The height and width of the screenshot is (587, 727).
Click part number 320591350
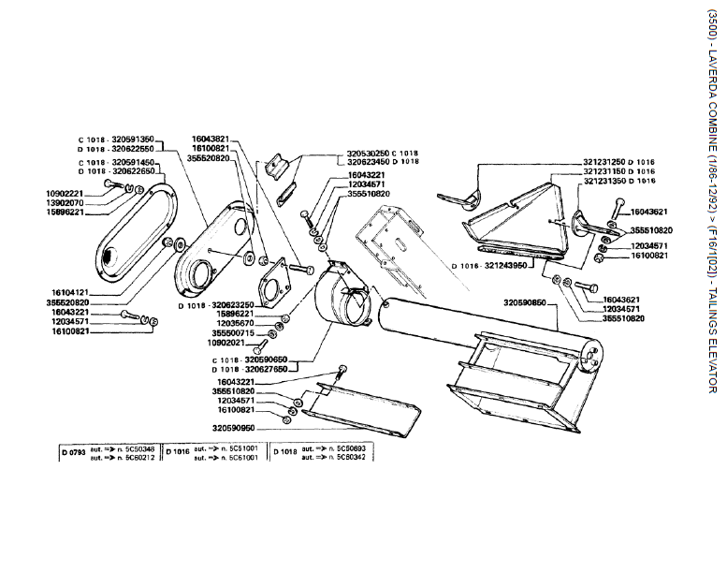point(134,139)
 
